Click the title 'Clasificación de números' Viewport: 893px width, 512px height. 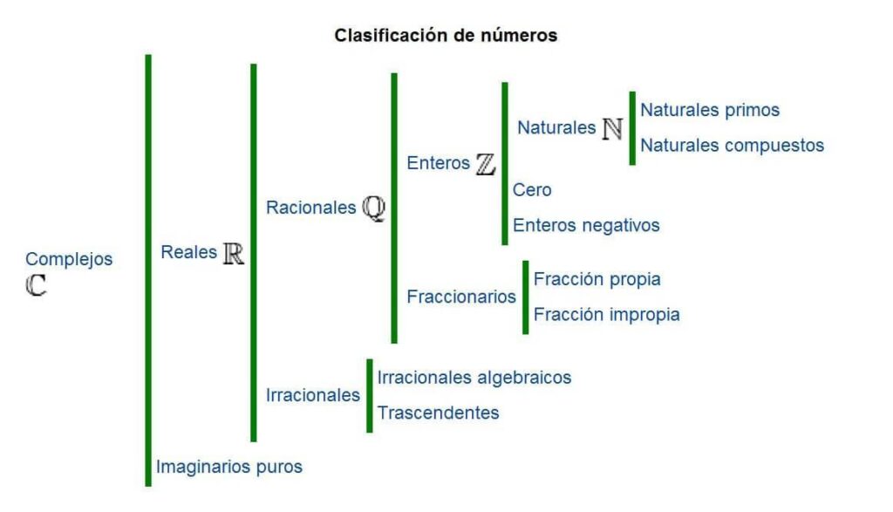(446, 35)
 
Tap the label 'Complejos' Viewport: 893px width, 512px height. (69, 259)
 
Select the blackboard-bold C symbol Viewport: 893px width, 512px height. (36, 284)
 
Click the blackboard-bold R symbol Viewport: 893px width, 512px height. (234, 254)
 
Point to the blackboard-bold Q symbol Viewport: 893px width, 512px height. (374, 208)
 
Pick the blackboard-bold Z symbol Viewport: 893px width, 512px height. (485, 164)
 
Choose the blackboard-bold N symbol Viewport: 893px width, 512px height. (612, 129)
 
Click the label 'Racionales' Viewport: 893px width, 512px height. (311, 208)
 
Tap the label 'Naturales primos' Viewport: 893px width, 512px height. (710, 110)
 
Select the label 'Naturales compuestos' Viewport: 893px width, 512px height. (733, 146)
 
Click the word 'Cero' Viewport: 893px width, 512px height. (532, 189)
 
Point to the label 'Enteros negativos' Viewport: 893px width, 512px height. (586, 225)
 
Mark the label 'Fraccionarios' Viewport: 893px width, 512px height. (461, 297)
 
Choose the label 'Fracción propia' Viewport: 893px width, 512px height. (596, 279)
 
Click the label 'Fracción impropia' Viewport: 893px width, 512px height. (607, 314)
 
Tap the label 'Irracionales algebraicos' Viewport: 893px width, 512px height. (474, 377)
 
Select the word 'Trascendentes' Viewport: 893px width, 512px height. (438, 413)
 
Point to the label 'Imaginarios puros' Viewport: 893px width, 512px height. (229, 467)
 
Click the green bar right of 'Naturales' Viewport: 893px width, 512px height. (632, 128)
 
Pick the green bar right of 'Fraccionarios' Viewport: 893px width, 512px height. (526, 297)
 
